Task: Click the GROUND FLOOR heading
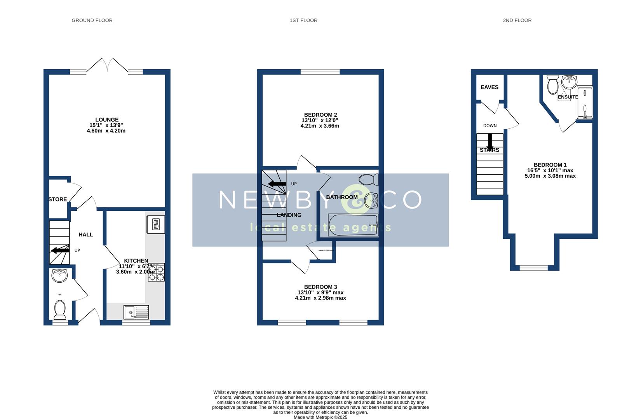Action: click(92, 20)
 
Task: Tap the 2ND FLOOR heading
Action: click(517, 20)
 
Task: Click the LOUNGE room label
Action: click(107, 120)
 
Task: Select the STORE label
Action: click(57, 199)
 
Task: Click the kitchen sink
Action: click(136, 312)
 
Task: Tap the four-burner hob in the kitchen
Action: click(156, 272)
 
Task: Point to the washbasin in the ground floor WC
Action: click(59, 275)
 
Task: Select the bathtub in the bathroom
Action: click(353, 225)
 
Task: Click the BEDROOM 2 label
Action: click(320, 115)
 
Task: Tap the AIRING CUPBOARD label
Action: click(326, 251)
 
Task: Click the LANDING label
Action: click(289, 215)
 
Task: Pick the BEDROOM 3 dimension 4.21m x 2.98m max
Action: click(320, 298)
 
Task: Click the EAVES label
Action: click(489, 87)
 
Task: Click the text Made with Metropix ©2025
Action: click(320, 417)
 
